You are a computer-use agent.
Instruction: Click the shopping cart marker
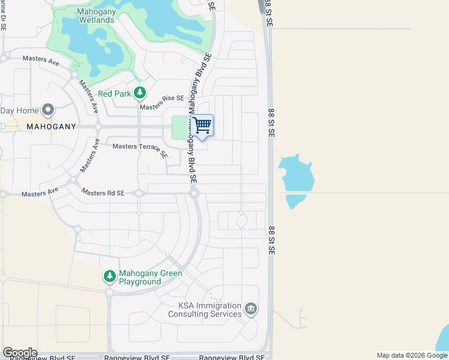pyautogui.click(x=203, y=126)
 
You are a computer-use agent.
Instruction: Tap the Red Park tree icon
pyautogui.click(x=139, y=93)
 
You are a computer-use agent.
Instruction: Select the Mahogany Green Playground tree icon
pyautogui.click(x=109, y=276)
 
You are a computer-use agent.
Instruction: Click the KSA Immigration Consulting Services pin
pyautogui.click(x=251, y=310)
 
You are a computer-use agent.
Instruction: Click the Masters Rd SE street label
pyautogui.click(x=103, y=193)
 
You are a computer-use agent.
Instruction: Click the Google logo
pyautogui.click(x=20, y=353)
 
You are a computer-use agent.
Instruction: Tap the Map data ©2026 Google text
pyautogui.click(x=412, y=355)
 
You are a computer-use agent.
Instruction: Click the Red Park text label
pyautogui.click(x=114, y=94)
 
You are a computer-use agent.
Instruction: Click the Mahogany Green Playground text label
pyautogui.click(x=140, y=277)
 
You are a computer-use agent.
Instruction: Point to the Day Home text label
pyautogui.click(x=19, y=110)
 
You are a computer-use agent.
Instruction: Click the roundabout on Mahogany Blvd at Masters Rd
pyautogui.click(x=194, y=193)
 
